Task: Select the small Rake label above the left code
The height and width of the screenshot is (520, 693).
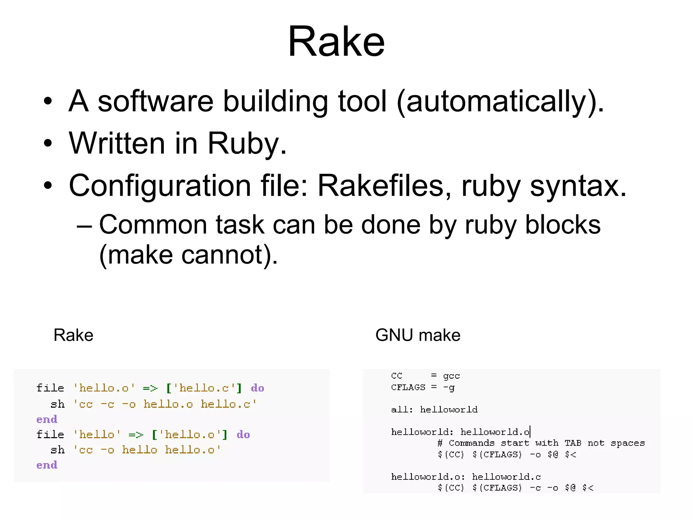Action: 73,335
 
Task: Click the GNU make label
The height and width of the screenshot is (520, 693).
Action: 418,335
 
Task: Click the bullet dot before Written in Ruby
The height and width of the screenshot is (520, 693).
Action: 48,143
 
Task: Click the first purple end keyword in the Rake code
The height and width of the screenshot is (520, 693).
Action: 47,419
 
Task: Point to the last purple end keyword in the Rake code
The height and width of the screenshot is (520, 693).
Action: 47,465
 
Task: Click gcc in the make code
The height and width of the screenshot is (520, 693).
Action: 451,376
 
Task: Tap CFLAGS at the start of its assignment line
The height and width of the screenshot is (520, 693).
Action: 408,387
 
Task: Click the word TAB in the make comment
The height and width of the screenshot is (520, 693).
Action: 573,443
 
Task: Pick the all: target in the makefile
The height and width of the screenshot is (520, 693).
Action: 402,410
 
